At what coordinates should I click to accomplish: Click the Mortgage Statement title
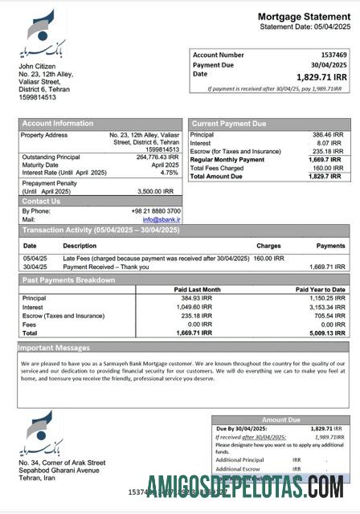click(304, 17)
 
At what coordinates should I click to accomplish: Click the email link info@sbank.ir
click(162, 218)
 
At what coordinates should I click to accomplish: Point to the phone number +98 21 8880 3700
click(153, 210)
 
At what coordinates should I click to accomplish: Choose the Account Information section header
click(57, 124)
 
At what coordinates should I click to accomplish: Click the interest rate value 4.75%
click(169, 173)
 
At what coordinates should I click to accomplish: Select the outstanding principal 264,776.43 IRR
click(157, 157)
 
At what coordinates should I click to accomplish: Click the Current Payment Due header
click(229, 124)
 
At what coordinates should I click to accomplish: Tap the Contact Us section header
click(41, 201)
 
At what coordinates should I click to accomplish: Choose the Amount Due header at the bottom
click(280, 420)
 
